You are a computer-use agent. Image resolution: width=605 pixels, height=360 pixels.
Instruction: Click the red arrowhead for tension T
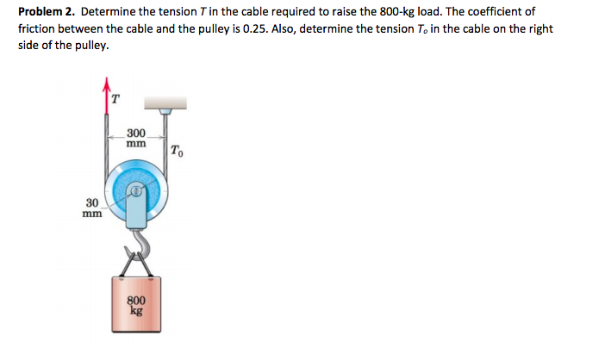(108, 84)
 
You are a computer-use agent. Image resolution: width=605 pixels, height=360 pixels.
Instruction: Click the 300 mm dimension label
(135, 138)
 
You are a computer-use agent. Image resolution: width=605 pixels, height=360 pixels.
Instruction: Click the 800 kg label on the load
(135, 306)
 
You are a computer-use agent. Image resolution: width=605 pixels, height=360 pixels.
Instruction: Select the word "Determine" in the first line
(109, 12)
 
